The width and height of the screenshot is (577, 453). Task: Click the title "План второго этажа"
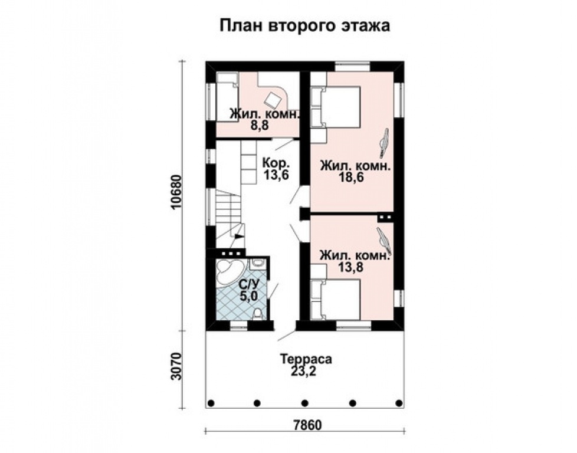point(305,26)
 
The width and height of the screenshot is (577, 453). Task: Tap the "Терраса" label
point(306,359)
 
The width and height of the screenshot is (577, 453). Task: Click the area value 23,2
point(306,371)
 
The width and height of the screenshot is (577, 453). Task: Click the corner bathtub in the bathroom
point(227,272)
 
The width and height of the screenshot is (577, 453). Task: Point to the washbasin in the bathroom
point(258,264)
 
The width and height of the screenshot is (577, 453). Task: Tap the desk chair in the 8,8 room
point(273,98)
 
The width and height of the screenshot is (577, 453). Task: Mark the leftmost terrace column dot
point(211,403)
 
